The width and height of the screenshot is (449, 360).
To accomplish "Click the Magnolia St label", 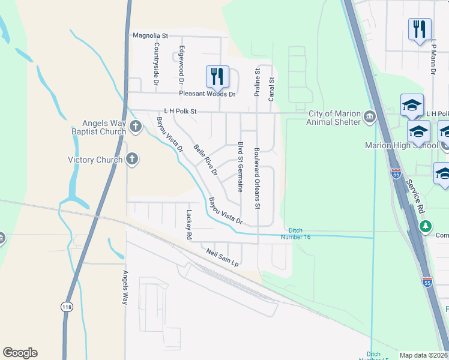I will [150, 36].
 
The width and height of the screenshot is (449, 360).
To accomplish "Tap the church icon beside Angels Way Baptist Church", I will [136, 126].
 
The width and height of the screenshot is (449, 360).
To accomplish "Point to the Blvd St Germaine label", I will [240, 166].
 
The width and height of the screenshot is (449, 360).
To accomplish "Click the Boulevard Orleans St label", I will [256, 178].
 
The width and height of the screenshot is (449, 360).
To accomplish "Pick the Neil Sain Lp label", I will [223, 259].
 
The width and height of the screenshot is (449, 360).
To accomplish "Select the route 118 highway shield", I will [67, 307].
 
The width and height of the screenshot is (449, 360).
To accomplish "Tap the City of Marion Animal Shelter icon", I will [369, 115].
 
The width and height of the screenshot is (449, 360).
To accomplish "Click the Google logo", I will [20, 353].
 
